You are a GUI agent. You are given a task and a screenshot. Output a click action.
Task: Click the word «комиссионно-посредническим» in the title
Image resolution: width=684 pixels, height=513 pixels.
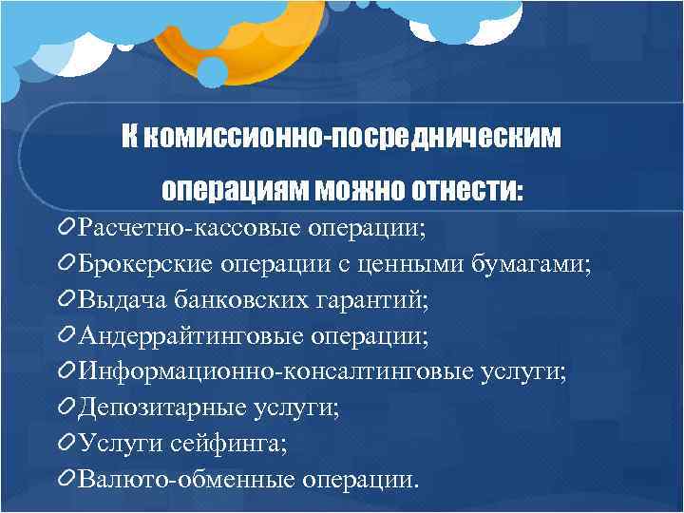coord(353,139)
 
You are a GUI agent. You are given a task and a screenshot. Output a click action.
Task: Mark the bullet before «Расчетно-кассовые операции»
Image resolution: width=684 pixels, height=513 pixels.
coord(66,228)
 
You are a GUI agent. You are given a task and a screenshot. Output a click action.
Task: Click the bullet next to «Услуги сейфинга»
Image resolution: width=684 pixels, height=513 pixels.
coord(66,443)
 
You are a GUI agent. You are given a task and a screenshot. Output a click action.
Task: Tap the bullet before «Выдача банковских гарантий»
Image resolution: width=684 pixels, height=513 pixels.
coord(66,300)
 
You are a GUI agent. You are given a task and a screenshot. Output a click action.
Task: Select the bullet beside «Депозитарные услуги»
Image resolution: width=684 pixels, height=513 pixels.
coord(66,408)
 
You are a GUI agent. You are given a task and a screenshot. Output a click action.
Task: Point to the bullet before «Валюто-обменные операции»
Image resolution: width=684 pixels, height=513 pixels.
coord(66,479)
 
